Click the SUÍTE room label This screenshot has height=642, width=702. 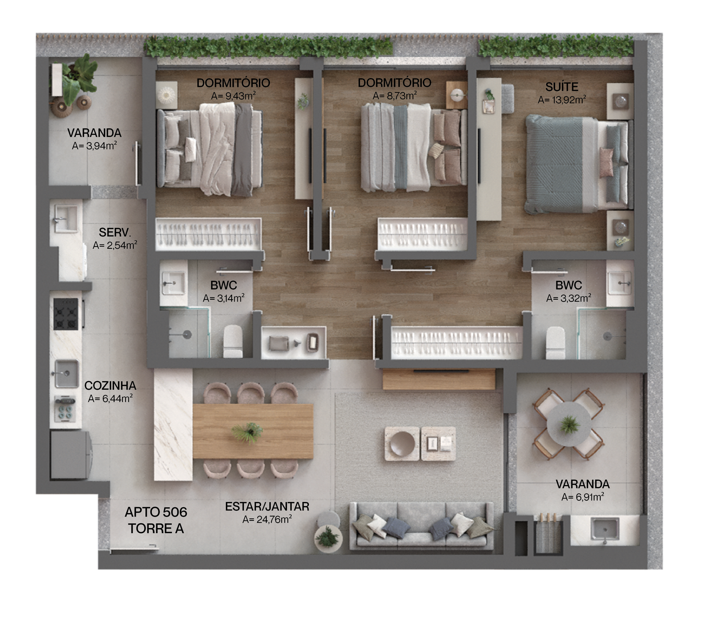pyautogui.click(x=562, y=87)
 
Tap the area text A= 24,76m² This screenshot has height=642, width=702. pyautogui.click(x=267, y=520)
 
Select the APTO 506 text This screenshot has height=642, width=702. pyautogui.click(x=156, y=512)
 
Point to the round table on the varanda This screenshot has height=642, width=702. pyautogui.click(x=569, y=424)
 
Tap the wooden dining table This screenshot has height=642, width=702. pyautogui.click(x=253, y=431)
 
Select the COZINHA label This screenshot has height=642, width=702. pyautogui.click(x=110, y=386)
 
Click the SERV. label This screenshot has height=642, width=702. pyautogui.click(x=115, y=232)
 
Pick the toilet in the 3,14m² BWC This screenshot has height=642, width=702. pyautogui.click(x=233, y=342)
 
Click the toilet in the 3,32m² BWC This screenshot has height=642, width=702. pyautogui.click(x=555, y=343)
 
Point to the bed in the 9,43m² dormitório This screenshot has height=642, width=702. pyautogui.click(x=210, y=149)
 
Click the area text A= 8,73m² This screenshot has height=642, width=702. pyautogui.click(x=394, y=96)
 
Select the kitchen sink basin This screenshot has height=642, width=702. pyautogui.click(x=67, y=374)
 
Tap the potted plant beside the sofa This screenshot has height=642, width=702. pyautogui.click(x=328, y=536)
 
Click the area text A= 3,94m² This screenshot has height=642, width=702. pyautogui.click(x=94, y=146)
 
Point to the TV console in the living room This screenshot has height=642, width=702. pyautogui.click(x=439, y=379)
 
